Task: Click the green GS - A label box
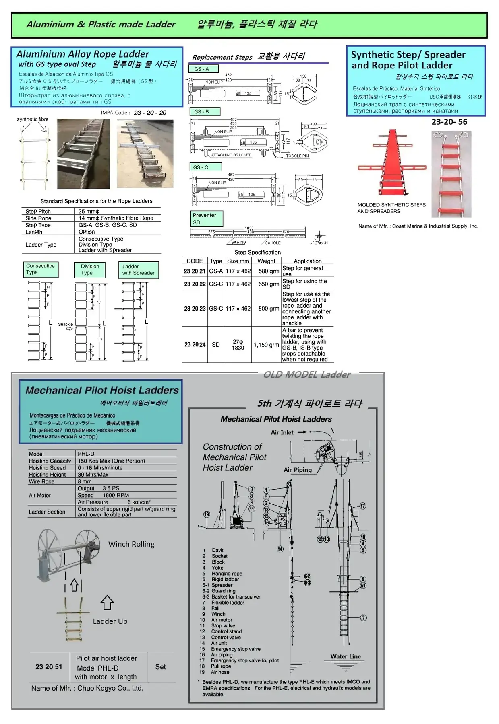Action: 203,69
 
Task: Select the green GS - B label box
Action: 204,112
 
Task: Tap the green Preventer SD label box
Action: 207,219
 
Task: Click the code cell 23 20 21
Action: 195,271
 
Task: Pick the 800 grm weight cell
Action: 269,309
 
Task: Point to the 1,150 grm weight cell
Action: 266,345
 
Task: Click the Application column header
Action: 307,261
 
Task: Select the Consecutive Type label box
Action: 41,269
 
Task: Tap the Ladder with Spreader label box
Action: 138,270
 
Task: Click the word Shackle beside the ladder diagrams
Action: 65,324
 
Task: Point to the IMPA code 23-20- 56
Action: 449,122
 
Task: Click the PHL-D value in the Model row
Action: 87,454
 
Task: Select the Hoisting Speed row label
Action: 47,468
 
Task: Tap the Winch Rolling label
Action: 131,544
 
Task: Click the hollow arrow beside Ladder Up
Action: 107,603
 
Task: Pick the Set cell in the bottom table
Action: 160,667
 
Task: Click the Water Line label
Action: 346,656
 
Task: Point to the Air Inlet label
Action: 282,432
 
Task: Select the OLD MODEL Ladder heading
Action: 307,375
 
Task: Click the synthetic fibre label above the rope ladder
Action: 33,119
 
